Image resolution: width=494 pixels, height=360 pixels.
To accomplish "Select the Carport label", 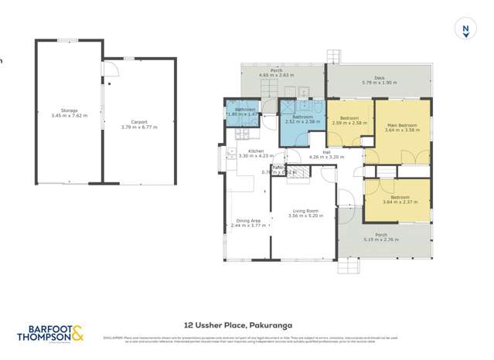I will tap(139, 121).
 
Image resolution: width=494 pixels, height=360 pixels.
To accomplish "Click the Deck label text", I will tap(378, 77).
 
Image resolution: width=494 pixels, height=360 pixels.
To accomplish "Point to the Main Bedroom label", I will tap(400, 125).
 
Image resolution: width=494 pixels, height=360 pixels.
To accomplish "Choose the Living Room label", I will tap(305, 211).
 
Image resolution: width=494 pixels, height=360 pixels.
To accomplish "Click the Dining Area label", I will tap(248, 221).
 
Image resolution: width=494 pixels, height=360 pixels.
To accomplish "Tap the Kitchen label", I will tap(256, 151).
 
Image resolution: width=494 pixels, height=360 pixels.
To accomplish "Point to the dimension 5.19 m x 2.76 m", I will tap(382, 240).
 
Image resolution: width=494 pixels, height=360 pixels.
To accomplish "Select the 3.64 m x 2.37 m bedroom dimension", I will tap(400, 202).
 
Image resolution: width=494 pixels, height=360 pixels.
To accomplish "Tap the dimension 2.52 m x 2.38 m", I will tap(297, 121).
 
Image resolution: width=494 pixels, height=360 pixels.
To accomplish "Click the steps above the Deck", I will tap(332, 56).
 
